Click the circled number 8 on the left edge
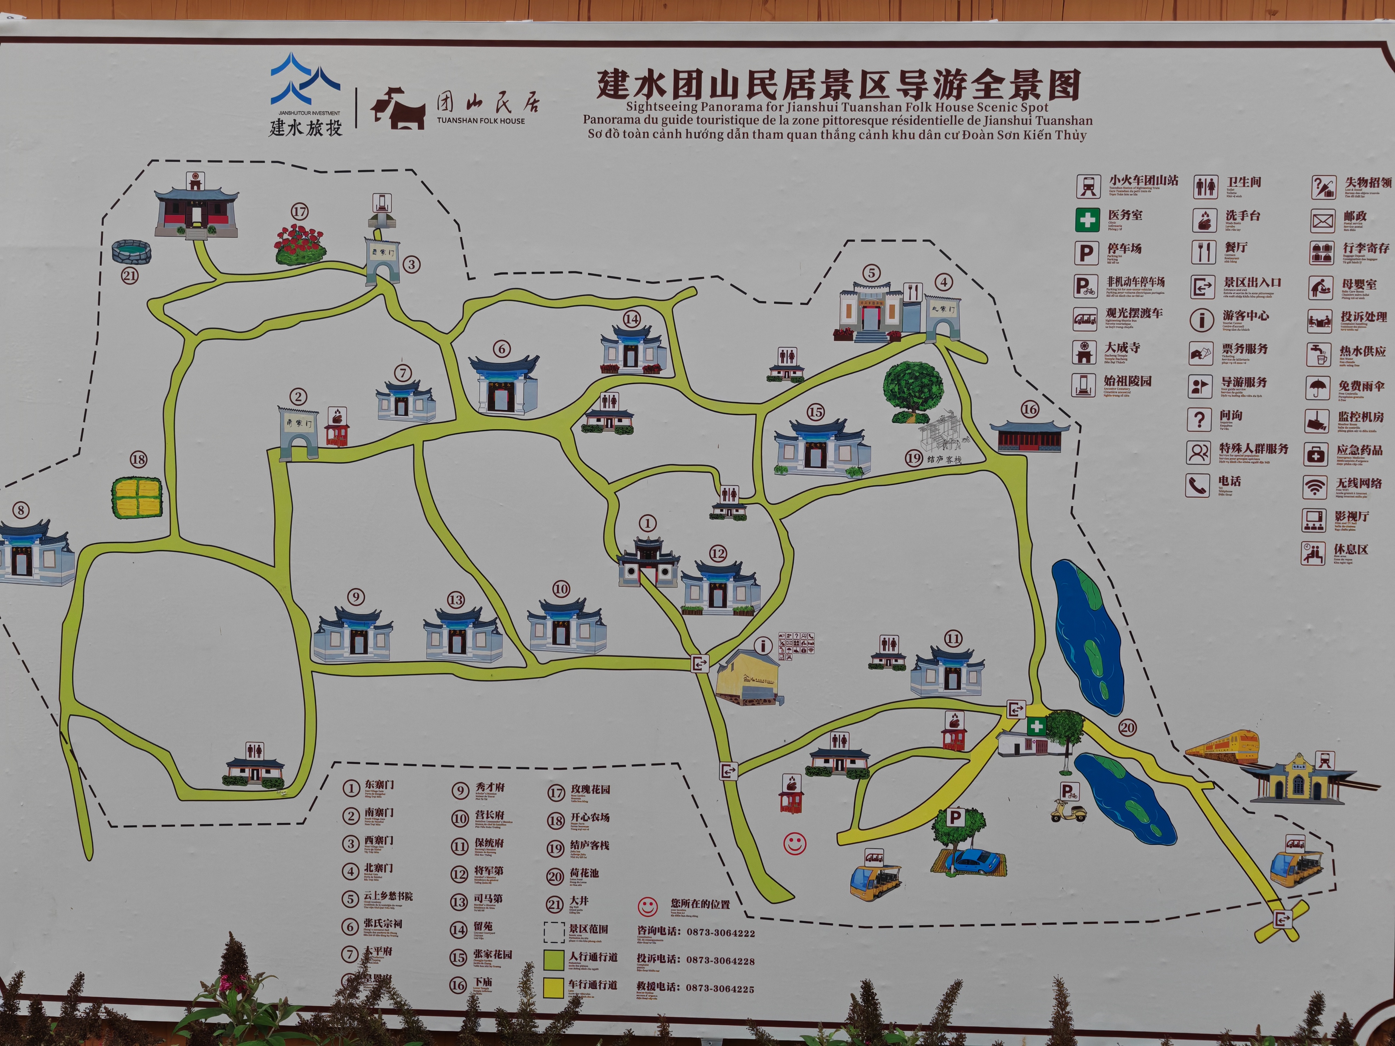click(21, 510)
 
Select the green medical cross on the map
click(1036, 726)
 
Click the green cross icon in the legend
click(1087, 219)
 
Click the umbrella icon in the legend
click(1319, 386)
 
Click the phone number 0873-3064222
click(721, 933)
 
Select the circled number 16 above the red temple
click(1029, 409)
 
